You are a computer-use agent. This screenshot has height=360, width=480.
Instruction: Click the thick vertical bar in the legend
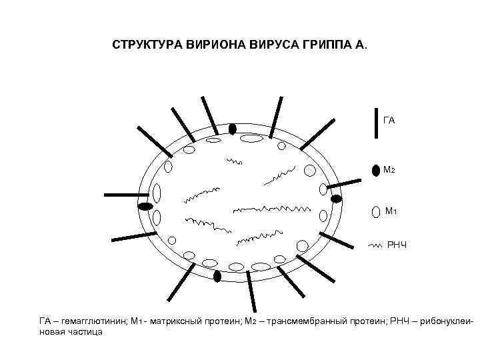click(x=375, y=120)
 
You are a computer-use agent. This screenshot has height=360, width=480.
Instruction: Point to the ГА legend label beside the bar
click(x=389, y=121)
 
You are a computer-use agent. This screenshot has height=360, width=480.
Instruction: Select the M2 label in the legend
click(x=389, y=170)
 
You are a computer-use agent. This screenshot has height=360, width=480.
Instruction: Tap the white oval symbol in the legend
click(x=375, y=212)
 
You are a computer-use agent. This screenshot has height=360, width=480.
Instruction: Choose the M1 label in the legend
click(x=391, y=212)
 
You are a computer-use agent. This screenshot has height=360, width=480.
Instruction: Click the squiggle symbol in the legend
click(x=375, y=246)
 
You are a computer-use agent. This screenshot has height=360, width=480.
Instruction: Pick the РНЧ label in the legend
click(x=396, y=246)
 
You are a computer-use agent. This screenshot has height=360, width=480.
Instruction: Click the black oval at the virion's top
click(x=233, y=129)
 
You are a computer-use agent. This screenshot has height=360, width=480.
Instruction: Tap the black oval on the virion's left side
click(x=145, y=206)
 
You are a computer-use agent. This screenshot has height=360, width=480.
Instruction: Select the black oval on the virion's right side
click(x=336, y=199)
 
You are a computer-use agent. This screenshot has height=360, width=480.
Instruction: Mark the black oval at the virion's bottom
click(x=217, y=276)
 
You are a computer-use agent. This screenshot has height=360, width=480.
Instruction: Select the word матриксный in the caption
click(x=175, y=321)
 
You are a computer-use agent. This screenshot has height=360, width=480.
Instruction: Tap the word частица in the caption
click(x=85, y=331)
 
